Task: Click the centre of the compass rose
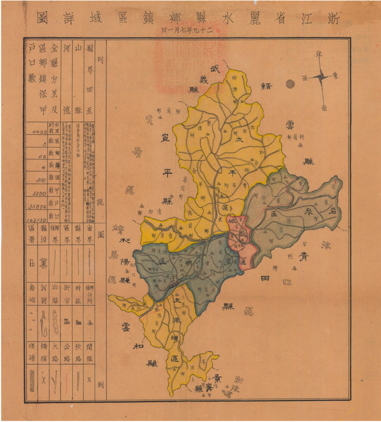[321, 77]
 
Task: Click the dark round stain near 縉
[290, 83]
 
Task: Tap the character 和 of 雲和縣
[137, 347]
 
